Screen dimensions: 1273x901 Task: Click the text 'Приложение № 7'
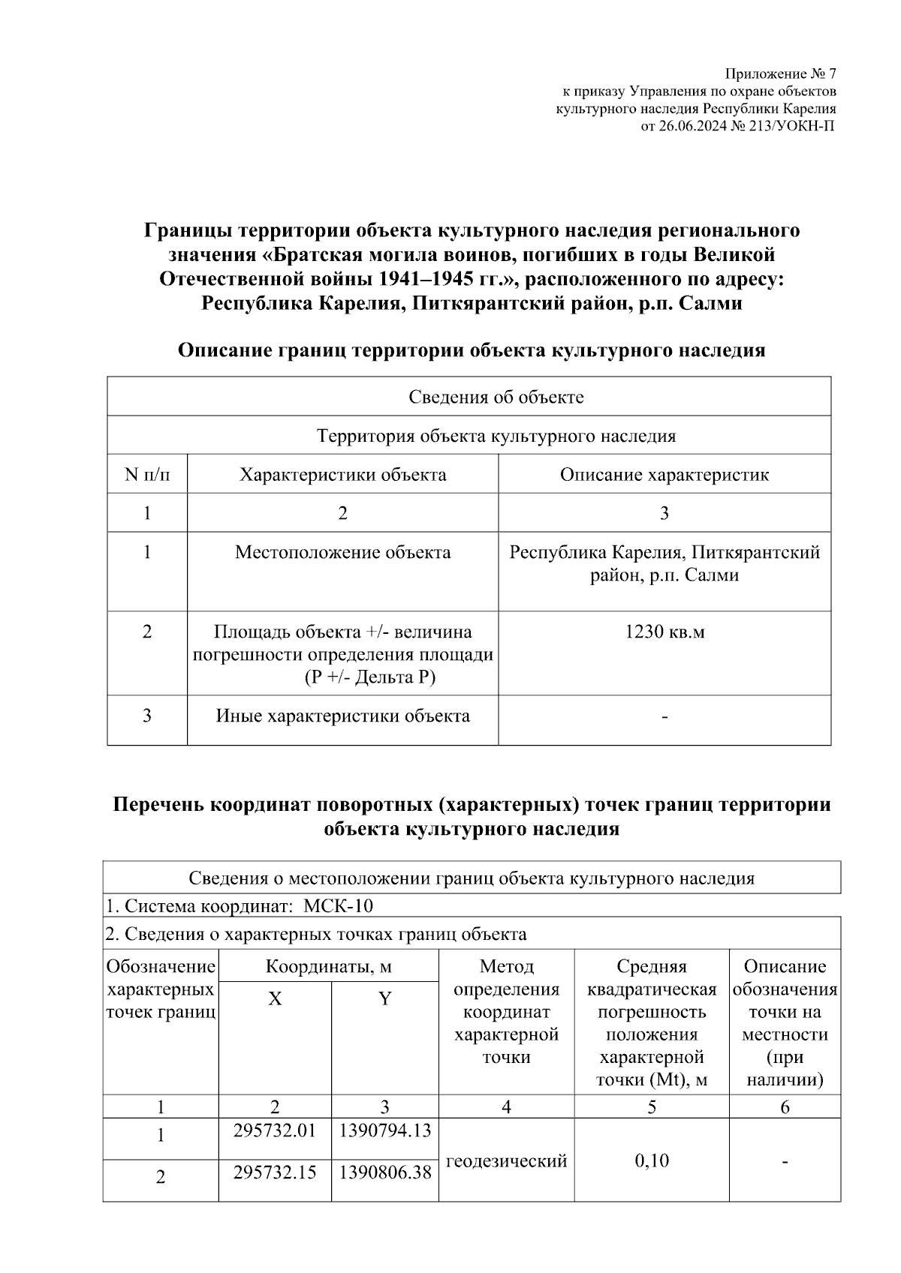(x=779, y=74)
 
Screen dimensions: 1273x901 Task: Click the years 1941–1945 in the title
(x=422, y=279)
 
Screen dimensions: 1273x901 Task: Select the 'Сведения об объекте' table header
(x=496, y=397)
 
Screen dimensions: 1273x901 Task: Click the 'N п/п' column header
(x=147, y=475)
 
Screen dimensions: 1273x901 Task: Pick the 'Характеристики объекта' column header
(x=342, y=475)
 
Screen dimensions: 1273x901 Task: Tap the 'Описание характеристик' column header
(x=664, y=475)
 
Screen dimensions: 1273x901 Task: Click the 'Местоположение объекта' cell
(x=342, y=553)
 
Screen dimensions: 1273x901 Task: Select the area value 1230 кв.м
(x=664, y=632)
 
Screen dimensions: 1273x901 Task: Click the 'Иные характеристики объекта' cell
(x=342, y=716)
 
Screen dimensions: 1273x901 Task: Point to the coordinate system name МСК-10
(x=338, y=905)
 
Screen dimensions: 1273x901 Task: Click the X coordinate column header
(x=275, y=999)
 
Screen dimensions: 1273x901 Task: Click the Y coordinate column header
(x=384, y=999)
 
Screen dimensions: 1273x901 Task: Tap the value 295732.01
(x=275, y=1130)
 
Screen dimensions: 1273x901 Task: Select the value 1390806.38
(x=384, y=1172)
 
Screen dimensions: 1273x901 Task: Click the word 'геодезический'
(x=506, y=1161)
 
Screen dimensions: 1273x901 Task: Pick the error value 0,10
(x=651, y=1161)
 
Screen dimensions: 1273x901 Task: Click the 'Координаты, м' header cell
(x=328, y=966)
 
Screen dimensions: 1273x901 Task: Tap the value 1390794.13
(x=384, y=1130)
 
